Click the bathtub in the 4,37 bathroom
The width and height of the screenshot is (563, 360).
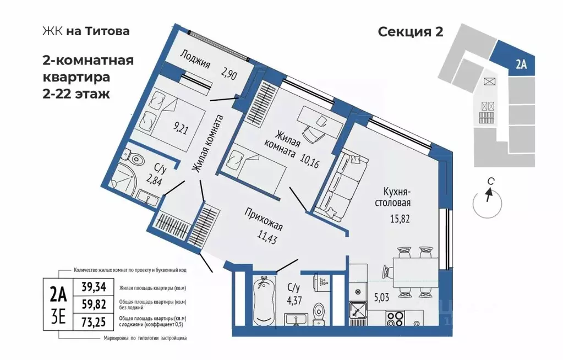pos(263,303)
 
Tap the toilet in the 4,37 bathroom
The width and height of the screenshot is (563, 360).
pos(318,314)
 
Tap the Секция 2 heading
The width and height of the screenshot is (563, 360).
pos(411,31)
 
